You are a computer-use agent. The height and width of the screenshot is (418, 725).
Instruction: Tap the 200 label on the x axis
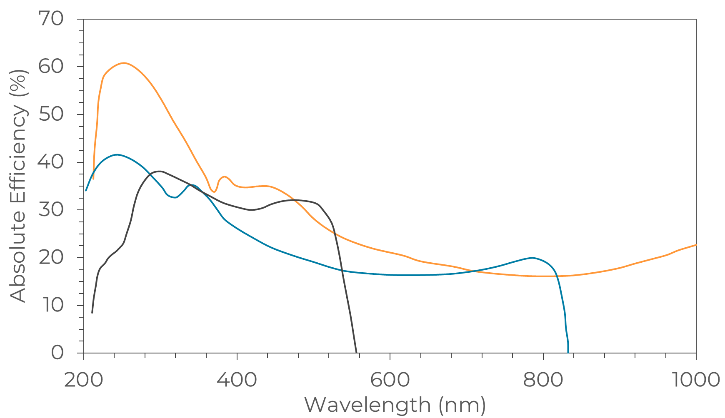coord(83,380)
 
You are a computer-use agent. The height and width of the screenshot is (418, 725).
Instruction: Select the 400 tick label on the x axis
coord(237,380)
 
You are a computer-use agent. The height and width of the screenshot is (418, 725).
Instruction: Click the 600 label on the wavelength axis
coord(390,380)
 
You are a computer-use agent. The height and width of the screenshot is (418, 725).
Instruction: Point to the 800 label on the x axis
coord(543,380)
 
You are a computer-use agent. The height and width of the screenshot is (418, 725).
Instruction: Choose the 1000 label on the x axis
coord(696,380)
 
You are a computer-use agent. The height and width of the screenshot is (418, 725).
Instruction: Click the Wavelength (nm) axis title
coord(395,405)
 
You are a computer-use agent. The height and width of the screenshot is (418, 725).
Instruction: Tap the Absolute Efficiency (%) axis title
coord(18,186)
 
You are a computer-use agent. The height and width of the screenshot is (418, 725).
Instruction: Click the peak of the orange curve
coord(124,63)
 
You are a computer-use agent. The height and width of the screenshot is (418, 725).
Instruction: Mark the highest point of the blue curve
coord(117,154)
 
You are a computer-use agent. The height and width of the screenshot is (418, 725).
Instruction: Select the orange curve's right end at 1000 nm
coord(696,245)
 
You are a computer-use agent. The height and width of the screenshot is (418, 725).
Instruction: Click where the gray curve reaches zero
coord(356,352)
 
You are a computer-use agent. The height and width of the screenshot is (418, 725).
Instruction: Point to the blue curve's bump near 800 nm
coord(532,258)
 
